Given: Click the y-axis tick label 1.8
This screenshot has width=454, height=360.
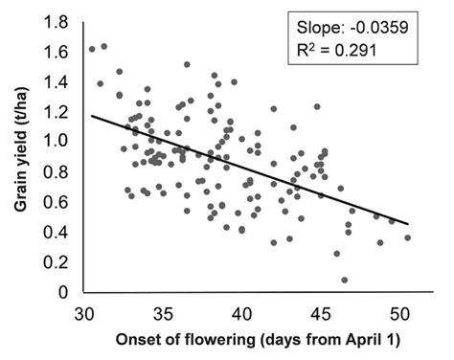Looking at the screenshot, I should [58, 21].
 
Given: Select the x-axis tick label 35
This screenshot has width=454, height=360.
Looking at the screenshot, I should [163, 313].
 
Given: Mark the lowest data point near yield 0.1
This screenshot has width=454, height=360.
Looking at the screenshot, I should [344, 280].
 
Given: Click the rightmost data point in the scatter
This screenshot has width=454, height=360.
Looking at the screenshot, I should [408, 237].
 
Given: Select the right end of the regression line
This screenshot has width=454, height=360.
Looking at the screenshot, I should [408, 224].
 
